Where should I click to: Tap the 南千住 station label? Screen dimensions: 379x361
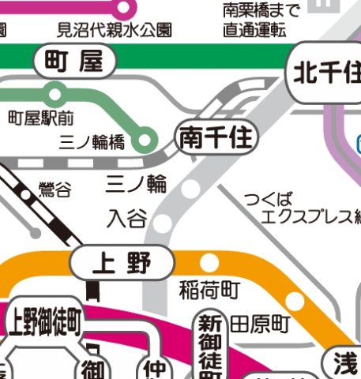216,139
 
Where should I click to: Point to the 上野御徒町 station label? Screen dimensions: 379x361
44,321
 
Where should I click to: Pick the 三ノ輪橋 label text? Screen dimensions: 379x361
92,143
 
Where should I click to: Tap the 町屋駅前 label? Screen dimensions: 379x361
40,118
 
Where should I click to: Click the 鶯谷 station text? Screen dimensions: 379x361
55,189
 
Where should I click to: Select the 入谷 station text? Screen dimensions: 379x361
127,216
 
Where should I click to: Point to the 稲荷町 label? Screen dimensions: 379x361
209,290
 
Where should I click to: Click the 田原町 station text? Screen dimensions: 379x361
260,324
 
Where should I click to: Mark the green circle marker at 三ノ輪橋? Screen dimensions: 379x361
144,142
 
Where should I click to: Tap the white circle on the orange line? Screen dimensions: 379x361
210,262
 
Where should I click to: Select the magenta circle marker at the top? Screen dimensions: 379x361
123,8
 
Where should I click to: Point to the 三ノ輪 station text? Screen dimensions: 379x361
137,184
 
